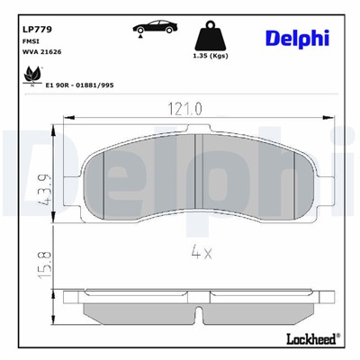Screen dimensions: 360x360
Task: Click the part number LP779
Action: [x=36, y=28]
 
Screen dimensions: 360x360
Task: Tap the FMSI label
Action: [x=30, y=40]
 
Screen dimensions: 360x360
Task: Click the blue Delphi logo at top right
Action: [x=296, y=37]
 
